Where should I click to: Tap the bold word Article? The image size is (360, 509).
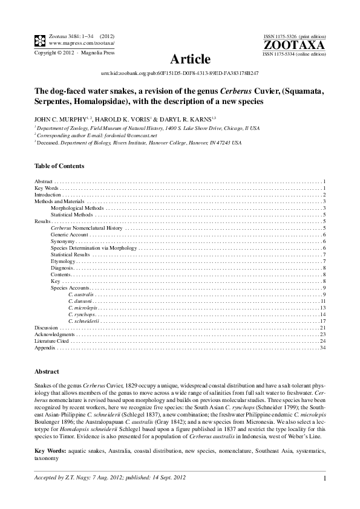(x=191, y=59)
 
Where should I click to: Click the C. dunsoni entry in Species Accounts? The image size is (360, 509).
(x=80, y=301)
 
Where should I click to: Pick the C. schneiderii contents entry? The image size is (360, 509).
(x=83, y=321)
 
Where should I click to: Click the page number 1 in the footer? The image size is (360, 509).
(x=325, y=479)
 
